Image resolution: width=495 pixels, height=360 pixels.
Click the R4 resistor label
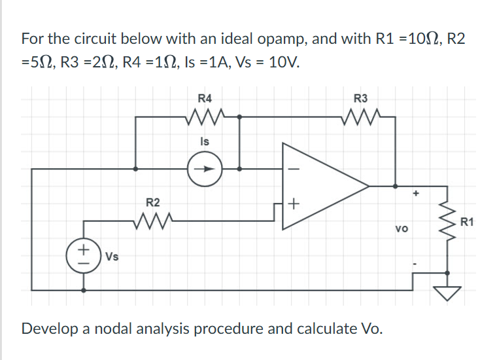coord(205,99)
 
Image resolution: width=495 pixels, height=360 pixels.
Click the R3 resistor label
coord(361,99)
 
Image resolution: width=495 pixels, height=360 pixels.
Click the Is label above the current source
coord(205,141)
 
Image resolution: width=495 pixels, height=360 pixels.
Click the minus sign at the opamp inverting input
coord(292,168)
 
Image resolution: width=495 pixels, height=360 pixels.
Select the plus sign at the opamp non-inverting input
coord(293,205)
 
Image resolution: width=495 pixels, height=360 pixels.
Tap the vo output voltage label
coord(402,230)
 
